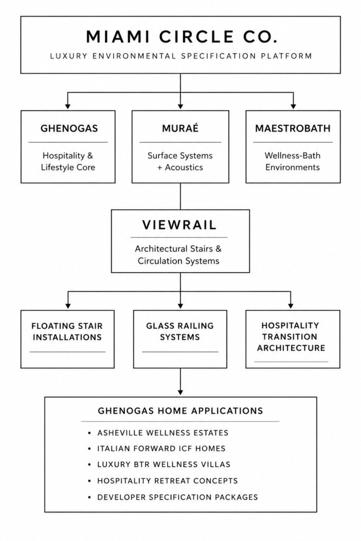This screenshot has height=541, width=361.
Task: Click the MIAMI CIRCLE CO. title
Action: pos(181,37)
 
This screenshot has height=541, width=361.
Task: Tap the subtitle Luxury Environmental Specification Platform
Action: pos(181,56)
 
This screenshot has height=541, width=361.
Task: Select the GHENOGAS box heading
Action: pos(69,128)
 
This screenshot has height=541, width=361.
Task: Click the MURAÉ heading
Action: pos(180,128)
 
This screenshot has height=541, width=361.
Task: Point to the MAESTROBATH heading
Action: pos(293,128)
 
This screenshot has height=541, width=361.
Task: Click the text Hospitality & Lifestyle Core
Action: pos(68,162)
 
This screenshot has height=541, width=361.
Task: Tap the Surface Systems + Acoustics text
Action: pos(180,162)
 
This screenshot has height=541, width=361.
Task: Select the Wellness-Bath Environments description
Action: pos(293,162)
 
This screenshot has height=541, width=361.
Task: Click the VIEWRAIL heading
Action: pos(180,225)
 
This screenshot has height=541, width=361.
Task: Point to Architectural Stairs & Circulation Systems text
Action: pos(179,255)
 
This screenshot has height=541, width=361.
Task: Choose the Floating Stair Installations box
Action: pos(68,339)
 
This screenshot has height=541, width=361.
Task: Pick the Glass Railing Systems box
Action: pos(180,339)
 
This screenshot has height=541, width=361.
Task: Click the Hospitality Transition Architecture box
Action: pos(293,339)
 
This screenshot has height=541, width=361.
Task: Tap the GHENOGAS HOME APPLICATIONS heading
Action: pos(181,411)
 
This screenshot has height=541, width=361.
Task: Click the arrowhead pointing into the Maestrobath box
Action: pos(293,107)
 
